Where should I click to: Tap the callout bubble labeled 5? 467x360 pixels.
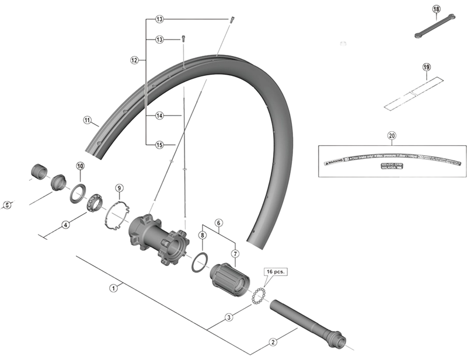pos(7,205)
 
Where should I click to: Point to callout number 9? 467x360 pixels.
pos(119,188)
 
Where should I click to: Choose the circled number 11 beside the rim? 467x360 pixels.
pos(88,121)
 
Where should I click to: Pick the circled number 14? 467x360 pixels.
pos(159,116)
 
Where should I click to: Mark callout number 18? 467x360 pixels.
pos(436,9)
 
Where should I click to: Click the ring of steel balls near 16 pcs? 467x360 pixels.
pos(258,295)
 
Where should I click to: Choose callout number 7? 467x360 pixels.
pos(235,254)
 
